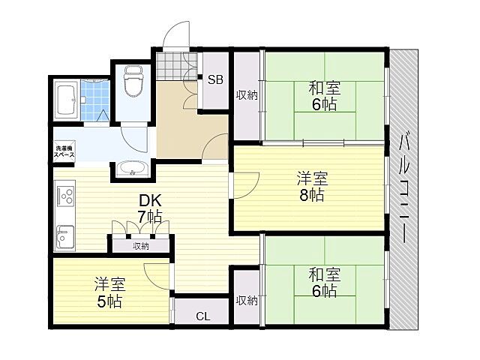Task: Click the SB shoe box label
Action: [215, 80]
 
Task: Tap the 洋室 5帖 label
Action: [109, 293]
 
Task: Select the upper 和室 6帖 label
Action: [324, 96]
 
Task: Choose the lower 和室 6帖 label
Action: [324, 281]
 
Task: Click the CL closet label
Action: [203, 316]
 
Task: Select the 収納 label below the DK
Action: [141, 245]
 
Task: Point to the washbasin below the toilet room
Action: [133, 169]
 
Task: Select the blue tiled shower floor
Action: [95, 97]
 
